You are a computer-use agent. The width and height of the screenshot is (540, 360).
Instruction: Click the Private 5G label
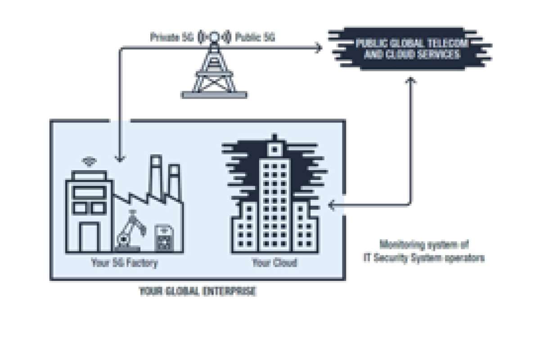171,37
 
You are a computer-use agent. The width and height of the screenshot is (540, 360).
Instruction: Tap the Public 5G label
255,37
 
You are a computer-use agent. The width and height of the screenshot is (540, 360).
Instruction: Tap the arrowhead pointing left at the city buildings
332,205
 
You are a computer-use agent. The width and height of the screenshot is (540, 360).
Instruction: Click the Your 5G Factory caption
124,262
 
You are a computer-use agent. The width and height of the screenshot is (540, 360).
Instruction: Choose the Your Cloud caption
274,262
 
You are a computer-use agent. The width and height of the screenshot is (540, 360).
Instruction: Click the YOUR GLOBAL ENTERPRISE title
198,292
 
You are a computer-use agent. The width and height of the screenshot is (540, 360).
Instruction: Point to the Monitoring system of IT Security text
425,252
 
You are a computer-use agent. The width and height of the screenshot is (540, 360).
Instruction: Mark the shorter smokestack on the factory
173,182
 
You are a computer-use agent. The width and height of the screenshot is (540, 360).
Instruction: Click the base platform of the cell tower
214,94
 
